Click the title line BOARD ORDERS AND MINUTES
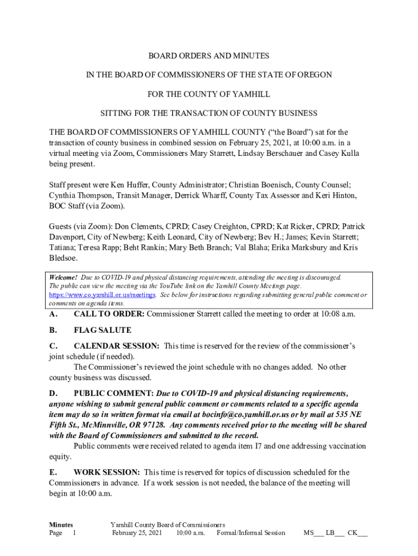pyautogui.click(x=209, y=56)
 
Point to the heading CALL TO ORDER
pyautogui.click(x=109, y=314)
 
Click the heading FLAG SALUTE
pyautogui.click(x=102, y=330)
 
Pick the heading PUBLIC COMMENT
pyautogui.click(x=113, y=393)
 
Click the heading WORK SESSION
pyautogui.click(x=107, y=472)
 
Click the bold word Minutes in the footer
pyautogui.click(x=61, y=525)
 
